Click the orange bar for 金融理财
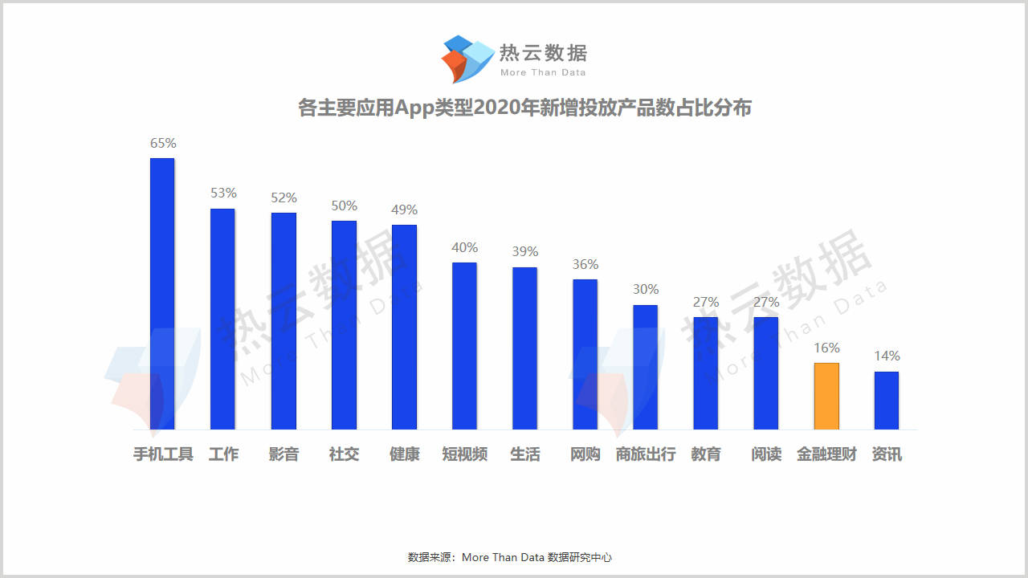pos(826,396)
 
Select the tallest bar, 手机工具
pos(162,293)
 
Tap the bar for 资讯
pos(887,400)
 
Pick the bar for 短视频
pos(464,345)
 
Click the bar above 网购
pos(585,354)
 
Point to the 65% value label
pos(163,144)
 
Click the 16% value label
pos(826,348)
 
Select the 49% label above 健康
pos(404,210)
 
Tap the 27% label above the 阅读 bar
pos(766,303)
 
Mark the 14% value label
pos(887,356)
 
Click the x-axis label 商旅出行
pos(646,454)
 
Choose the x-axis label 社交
pos(344,454)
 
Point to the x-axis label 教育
pos(706,454)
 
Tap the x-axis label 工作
pos(223,454)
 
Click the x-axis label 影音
pos(284,454)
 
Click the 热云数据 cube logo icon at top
pos(467,59)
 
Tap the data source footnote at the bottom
pos(510,557)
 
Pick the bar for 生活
pos(524,348)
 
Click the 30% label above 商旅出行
pos(646,290)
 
